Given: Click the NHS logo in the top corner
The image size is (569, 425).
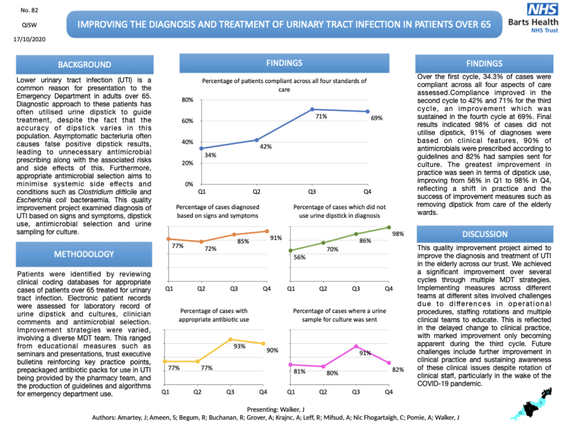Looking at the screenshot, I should (x=542, y=9).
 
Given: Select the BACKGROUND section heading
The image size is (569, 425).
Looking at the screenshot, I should (x=85, y=65).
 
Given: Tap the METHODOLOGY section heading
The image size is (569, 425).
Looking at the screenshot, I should (x=84, y=254).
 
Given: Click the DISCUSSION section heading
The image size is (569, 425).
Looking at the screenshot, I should (x=485, y=234).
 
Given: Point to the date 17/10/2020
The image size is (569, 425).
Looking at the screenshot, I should (x=29, y=39).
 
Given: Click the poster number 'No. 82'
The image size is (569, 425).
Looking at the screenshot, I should (x=29, y=10).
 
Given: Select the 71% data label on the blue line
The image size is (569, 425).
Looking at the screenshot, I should (x=321, y=116).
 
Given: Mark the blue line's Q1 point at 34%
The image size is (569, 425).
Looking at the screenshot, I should (x=202, y=148).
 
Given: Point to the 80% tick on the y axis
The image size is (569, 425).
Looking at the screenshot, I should (x=188, y=100).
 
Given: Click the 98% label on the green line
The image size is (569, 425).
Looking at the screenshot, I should (x=398, y=234).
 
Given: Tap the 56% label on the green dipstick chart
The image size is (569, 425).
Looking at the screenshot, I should (x=299, y=257).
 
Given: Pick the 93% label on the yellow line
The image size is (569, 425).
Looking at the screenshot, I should (x=239, y=346).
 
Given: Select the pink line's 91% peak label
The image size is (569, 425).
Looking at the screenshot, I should (x=365, y=353).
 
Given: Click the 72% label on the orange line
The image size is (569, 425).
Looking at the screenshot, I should (x=210, y=248).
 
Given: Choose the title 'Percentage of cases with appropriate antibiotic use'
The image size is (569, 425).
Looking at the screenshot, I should (x=214, y=315).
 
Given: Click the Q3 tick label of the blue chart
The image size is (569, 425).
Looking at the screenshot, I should (x=312, y=192).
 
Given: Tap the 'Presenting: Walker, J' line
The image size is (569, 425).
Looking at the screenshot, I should (x=276, y=409).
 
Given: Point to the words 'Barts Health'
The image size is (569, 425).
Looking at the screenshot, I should (x=533, y=22).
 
